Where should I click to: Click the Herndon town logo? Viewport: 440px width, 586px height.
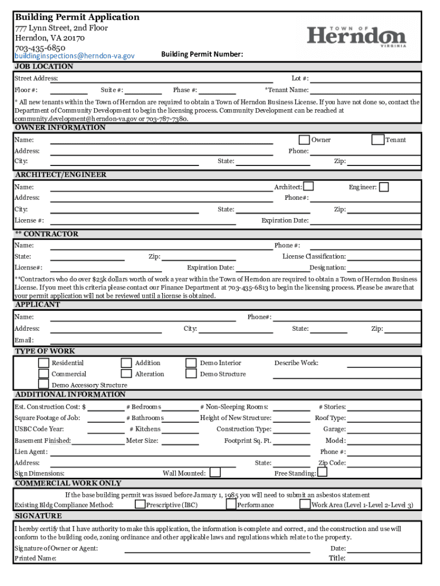(357, 36)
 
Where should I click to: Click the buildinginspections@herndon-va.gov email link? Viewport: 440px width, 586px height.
(75, 56)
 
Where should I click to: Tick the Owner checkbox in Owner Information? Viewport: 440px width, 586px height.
(305, 140)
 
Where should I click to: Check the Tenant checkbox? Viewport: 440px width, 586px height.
(378, 140)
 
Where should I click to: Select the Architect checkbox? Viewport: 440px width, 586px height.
(309, 187)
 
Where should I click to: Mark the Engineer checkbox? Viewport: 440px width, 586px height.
(384, 187)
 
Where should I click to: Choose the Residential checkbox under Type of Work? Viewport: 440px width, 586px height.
(43, 363)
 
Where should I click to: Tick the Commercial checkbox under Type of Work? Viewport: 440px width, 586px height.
(43, 374)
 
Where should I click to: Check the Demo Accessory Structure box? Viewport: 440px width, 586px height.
(43, 385)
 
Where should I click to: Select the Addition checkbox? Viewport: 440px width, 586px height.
(126, 363)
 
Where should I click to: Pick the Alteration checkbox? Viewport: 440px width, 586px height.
(126, 374)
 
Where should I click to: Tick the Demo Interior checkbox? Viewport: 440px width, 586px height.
(191, 363)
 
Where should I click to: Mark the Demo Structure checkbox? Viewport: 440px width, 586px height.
(191, 374)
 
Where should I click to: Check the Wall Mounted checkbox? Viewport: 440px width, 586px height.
(215, 472)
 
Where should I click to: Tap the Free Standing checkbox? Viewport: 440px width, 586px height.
(322, 472)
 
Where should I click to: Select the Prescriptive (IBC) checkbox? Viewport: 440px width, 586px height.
(140, 504)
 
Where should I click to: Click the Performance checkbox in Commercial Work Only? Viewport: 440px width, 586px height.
(231, 504)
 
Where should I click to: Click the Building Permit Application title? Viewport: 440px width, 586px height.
(77, 17)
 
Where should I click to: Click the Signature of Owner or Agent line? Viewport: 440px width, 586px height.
(217, 549)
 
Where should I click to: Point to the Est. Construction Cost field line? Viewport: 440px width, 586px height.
(106, 407)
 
